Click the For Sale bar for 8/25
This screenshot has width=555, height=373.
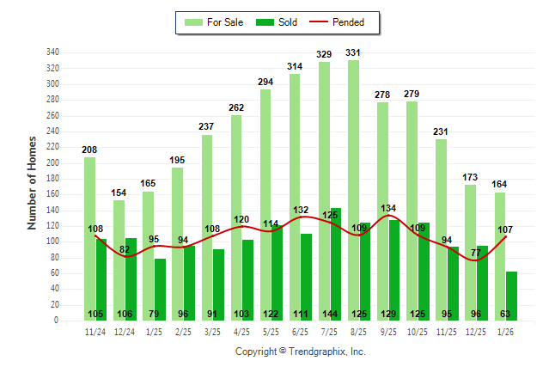click(353, 190)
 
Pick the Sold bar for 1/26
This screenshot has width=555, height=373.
click(512, 296)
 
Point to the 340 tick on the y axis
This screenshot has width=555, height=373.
click(53, 52)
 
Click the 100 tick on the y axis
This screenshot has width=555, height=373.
click(53, 242)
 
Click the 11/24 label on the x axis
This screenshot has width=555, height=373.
click(95, 331)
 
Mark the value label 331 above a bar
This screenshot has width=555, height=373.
click(353, 52)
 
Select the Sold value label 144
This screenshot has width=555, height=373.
click(335, 315)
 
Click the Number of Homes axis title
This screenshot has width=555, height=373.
click(33, 182)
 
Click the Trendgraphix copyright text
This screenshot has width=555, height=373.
click(300, 352)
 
